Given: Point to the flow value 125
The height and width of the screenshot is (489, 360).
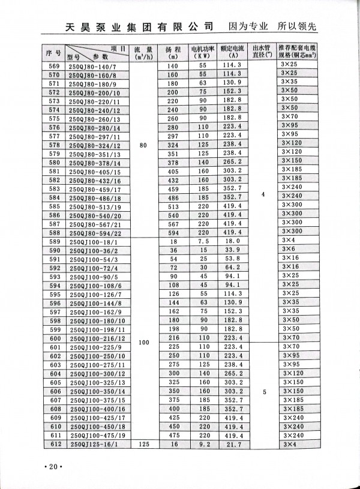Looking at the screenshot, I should (142, 445).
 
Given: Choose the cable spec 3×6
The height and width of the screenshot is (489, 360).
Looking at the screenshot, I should (289, 250).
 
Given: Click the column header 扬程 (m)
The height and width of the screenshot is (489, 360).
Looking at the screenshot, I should (173, 52).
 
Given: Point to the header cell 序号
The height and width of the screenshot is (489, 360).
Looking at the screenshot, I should (53, 52).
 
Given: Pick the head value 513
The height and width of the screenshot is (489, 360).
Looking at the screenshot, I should (173, 205).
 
